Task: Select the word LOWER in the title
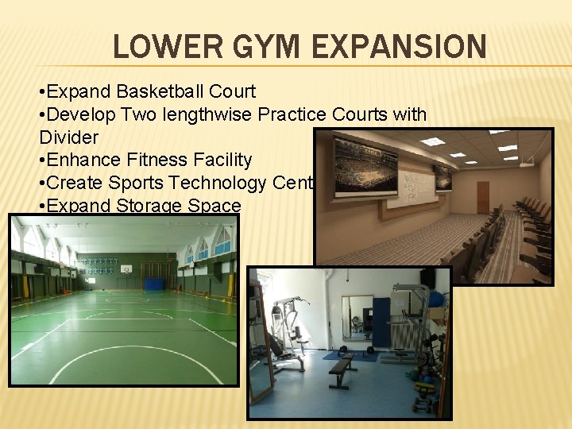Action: pos(164,47)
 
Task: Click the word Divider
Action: pos(68,137)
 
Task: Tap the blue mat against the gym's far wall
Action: pos(153,284)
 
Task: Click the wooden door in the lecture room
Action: pos(482,198)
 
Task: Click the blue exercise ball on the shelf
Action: pos(435,300)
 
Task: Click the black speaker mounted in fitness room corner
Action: pos(427,280)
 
